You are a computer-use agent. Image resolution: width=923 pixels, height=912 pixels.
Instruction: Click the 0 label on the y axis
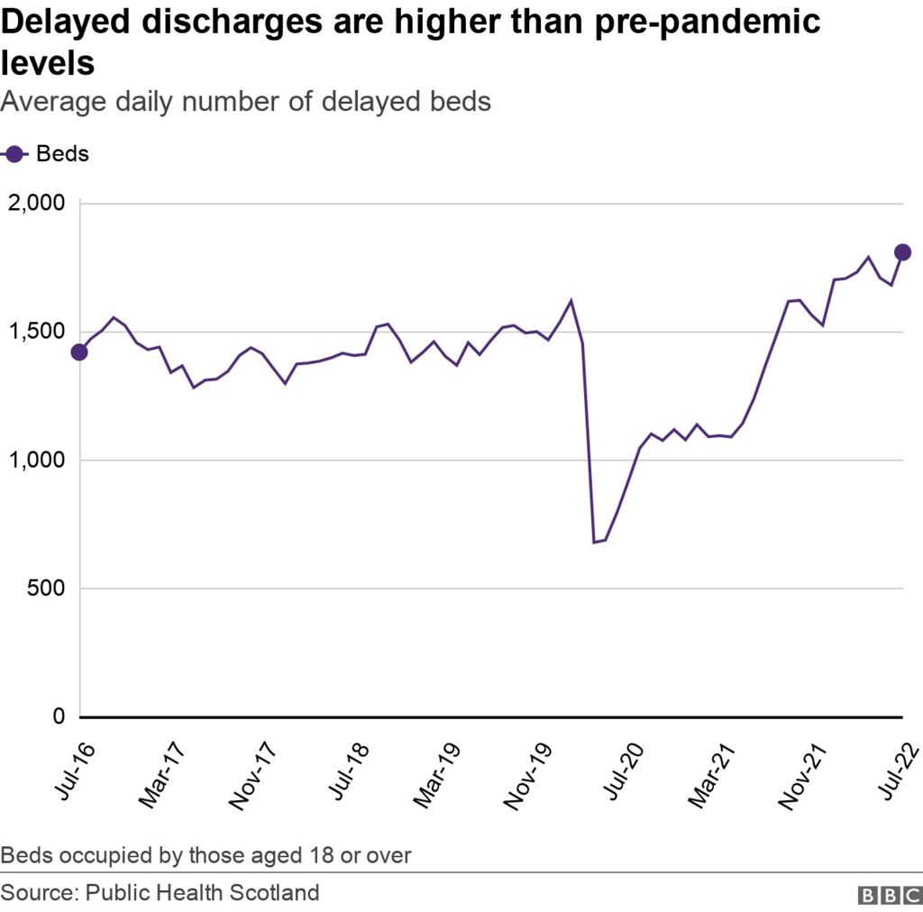pyautogui.click(x=59, y=716)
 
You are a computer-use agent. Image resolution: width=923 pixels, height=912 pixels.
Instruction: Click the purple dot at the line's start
pyautogui.click(x=79, y=351)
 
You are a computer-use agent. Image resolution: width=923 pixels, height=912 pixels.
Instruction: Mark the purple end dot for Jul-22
pyautogui.click(x=902, y=252)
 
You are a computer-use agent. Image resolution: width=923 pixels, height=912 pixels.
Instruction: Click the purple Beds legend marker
pyautogui.click(x=14, y=154)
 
